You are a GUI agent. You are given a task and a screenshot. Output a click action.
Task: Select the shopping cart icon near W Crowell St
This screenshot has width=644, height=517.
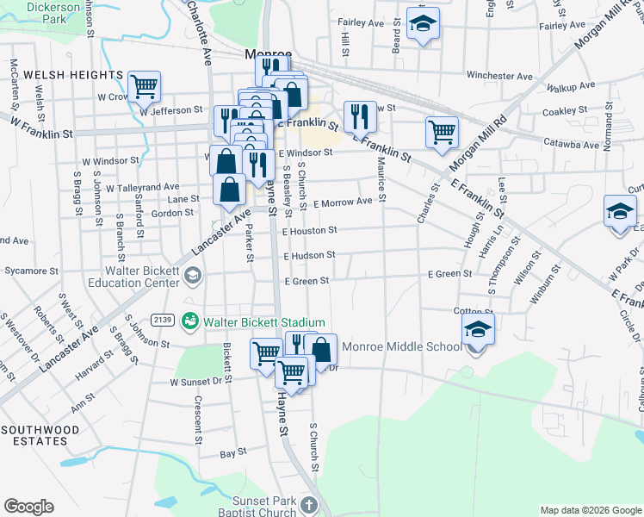point(145,85)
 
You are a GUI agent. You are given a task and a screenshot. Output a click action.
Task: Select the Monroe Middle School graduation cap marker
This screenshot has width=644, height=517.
point(478,328)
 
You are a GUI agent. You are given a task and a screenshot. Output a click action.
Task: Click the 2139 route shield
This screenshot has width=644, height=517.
point(164,320)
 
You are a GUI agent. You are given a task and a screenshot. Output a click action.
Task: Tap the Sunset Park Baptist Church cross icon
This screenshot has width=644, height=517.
point(309,506)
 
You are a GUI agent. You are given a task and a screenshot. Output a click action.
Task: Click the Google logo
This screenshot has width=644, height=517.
point(28,506)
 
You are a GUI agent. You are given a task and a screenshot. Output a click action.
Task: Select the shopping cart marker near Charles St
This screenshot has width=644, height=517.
point(442,132)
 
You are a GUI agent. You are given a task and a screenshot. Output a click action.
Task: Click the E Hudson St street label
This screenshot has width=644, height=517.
point(309,256)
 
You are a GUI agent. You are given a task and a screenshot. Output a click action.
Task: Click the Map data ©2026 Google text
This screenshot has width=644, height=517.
point(590,510)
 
